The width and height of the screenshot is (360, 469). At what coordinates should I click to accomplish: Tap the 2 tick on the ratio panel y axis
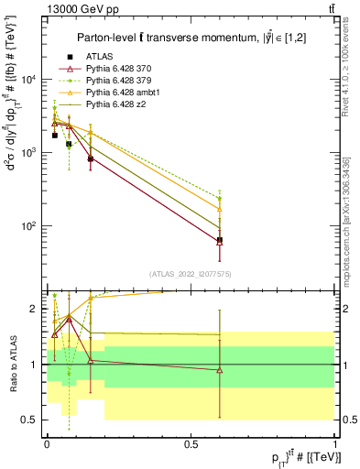tap(36, 309)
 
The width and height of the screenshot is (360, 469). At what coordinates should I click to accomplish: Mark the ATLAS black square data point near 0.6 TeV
tap(220, 240)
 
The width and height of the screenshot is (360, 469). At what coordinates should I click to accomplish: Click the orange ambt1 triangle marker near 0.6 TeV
tap(220, 209)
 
